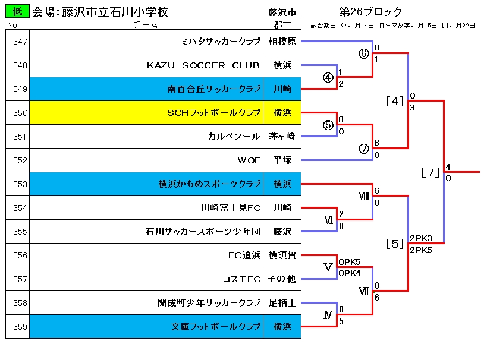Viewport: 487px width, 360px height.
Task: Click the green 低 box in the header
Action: coord(17,11)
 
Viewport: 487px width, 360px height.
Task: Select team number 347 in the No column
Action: coord(20,42)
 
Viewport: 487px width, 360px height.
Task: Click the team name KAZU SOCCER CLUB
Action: coord(203,65)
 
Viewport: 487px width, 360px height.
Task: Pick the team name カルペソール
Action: coord(234,137)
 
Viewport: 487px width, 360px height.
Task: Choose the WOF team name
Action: coord(249,160)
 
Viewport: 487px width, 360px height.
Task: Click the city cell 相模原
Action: coord(282,42)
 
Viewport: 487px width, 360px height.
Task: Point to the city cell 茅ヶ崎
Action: coord(282,137)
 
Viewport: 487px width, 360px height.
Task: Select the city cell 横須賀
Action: coord(282,255)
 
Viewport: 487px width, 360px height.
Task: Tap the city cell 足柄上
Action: coord(282,303)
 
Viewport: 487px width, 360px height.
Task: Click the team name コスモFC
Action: coord(241,279)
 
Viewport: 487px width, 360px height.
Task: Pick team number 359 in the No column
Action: coord(20,327)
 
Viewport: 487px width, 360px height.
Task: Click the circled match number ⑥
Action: coord(364,53)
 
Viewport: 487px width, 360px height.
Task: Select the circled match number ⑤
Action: coord(328,125)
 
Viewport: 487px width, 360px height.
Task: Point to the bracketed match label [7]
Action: coord(431,172)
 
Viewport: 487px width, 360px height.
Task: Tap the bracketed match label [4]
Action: coord(394,101)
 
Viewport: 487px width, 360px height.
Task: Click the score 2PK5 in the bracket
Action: coord(421,250)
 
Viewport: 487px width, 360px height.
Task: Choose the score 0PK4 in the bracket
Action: coord(350,273)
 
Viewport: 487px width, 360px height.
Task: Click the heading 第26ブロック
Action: coord(370,12)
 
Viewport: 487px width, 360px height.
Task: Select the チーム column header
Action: coord(145,25)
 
